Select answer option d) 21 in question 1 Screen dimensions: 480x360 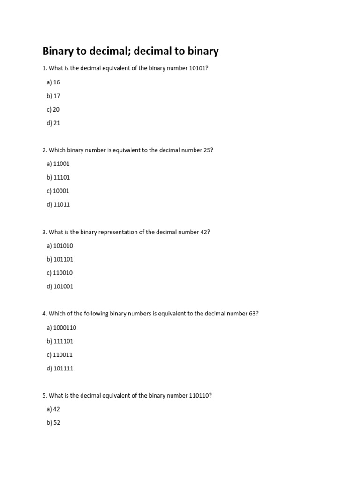(53, 123)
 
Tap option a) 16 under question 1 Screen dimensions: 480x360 (53, 82)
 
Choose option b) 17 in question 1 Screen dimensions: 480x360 (53, 96)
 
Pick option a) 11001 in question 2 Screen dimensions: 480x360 (58, 164)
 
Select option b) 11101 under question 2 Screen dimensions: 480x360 (58, 177)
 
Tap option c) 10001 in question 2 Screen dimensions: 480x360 (58, 191)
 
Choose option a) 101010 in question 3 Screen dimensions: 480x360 (60, 246)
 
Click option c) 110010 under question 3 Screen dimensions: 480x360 (60, 273)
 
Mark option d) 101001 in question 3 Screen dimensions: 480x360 (60, 286)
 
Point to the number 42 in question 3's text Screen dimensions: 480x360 (204, 232)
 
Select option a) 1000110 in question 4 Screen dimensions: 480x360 (61, 328)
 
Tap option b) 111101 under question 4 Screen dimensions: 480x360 (60, 341)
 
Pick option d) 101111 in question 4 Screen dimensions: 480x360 (60, 368)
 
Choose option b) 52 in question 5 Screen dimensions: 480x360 (53, 422)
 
